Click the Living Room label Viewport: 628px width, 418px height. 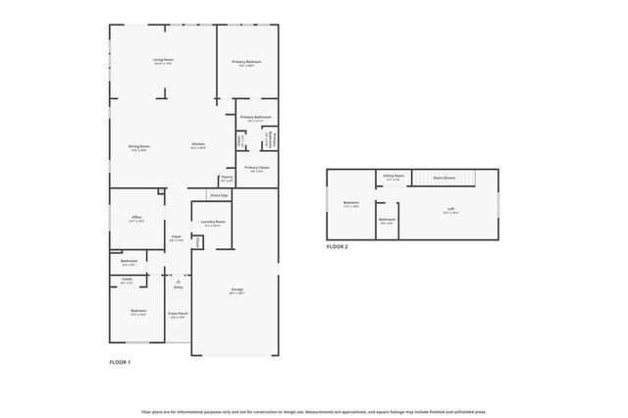click(x=163, y=61)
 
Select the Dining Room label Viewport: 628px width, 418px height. click(x=138, y=147)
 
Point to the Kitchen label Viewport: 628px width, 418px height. click(x=198, y=145)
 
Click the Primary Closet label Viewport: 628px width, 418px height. click(x=257, y=169)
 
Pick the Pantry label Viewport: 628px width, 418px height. click(x=227, y=178)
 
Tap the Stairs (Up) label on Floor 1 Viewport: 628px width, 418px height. click(x=219, y=195)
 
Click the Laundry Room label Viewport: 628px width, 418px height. click(x=214, y=223)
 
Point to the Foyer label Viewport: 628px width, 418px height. click(x=177, y=237)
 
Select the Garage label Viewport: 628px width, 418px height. click(x=236, y=290)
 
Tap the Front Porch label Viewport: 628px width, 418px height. click(x=178, y=314)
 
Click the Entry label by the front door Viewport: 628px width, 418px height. click(x=179, y=287)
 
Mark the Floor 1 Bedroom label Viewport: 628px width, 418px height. click(x=138, y=312)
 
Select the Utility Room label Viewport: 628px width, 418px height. click(x=393, y=179)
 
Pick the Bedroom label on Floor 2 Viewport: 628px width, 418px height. click(x=351, y=205)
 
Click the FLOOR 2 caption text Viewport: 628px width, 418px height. click(x=338, y=247)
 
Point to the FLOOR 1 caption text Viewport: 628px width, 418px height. click(x=120, y=362)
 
